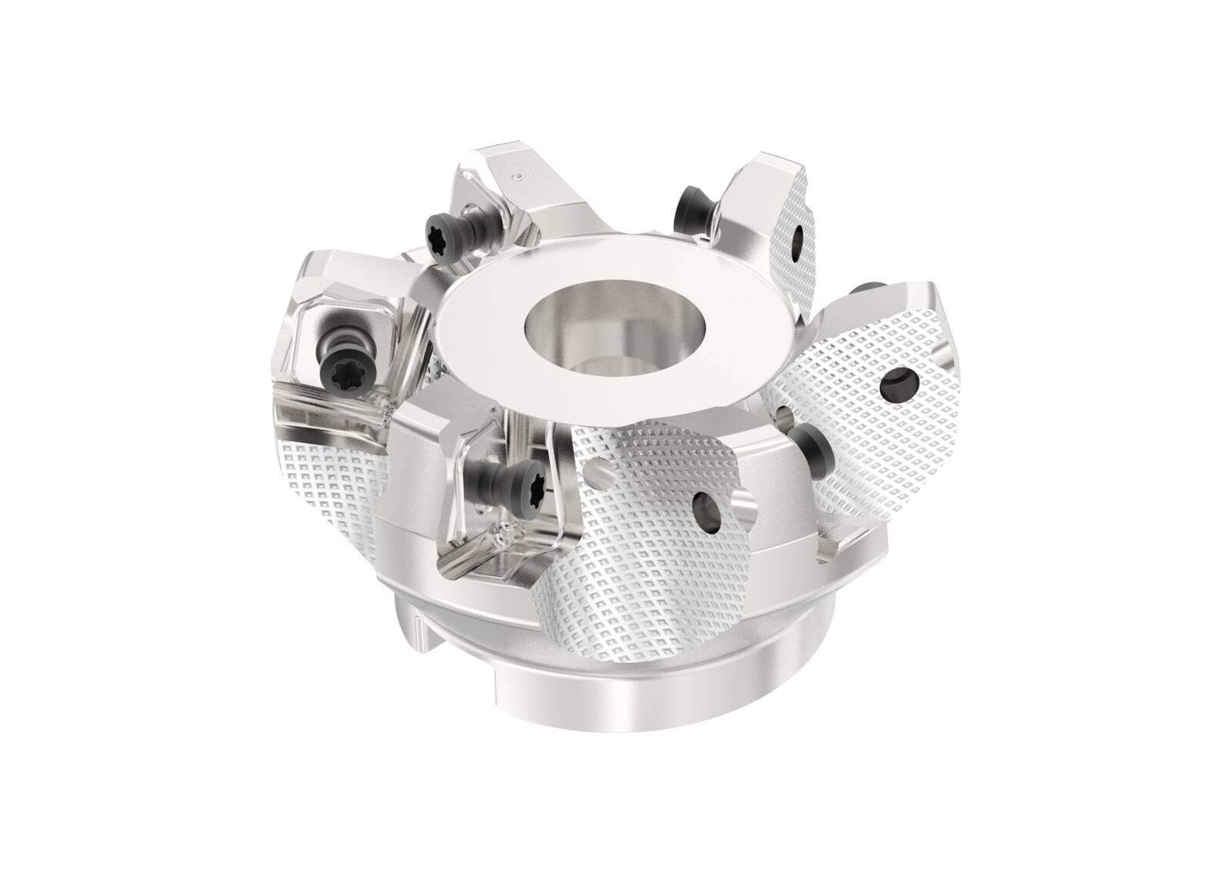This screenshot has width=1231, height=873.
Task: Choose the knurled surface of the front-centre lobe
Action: coord(646,554)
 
